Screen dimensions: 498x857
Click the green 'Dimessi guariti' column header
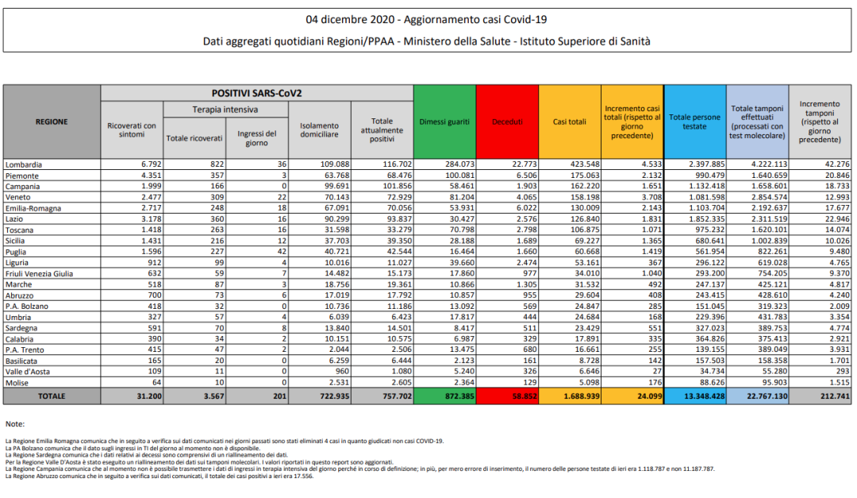(x=444, y=122)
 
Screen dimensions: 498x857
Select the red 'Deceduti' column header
(x=507, y=122)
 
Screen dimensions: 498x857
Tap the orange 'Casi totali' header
(x=569, y=122)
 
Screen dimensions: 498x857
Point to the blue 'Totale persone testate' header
(x=694, y=122)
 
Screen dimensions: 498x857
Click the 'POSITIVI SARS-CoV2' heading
(x=256, y=93)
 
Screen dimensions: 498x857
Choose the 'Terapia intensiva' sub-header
(x=225, y=109)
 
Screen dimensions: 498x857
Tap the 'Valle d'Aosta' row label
(x=29, y=372)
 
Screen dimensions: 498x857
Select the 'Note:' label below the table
(x=14, y=424)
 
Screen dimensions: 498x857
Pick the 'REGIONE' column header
(x=52, y=122)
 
